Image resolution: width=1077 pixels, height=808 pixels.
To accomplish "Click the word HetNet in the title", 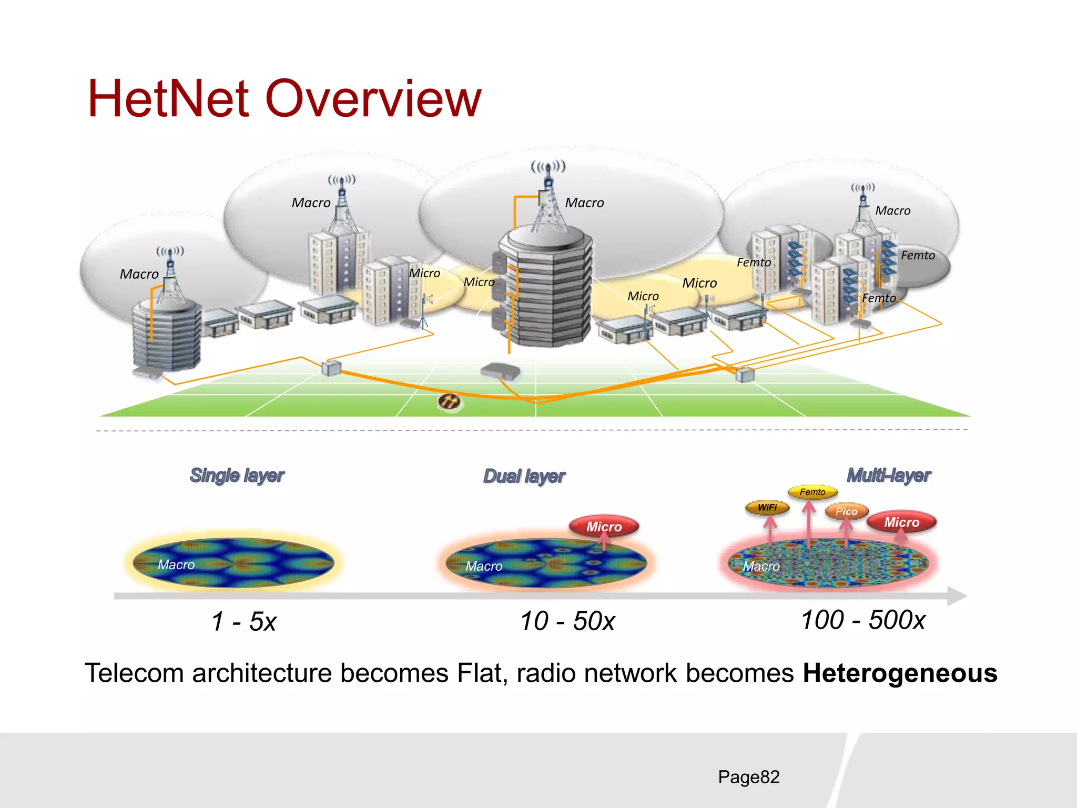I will click(x=168, y=98).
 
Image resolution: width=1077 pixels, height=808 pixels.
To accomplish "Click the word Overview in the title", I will click(x=373, y=98).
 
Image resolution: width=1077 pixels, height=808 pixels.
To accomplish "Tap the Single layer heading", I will click(x=237, y=475).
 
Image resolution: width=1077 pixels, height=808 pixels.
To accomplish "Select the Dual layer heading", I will click(x=524, y=476).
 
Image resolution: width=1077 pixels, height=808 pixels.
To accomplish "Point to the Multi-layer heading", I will click(x=888, y=475).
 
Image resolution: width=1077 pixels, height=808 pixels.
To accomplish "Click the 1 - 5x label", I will click(x=243, y=621).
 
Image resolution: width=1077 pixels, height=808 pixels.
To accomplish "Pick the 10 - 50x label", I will click(x=567, y=621).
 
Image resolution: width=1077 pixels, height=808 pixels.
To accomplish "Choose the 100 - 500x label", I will click(x=862, y=620).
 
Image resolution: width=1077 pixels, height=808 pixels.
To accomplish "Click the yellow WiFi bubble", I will click(x=767, y=508).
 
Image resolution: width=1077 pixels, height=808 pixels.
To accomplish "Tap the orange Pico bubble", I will click(x=846, y=511).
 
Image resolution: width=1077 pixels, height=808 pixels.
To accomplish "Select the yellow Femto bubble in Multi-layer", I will click(x=812, y=492).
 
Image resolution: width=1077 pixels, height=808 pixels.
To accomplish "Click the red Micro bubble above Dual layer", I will click(x=604, y=526).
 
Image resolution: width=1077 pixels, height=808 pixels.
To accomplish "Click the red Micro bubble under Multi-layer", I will click(x=901, y=522).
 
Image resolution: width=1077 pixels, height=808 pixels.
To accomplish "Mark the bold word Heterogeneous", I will click(x=900, y=673).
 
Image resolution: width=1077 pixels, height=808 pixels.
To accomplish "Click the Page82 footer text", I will click(x=748, y=776).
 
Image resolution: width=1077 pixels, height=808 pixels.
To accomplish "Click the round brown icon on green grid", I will click(x=449, y=402).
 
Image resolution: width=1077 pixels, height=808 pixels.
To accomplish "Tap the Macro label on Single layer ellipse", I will click(x=176, y=564).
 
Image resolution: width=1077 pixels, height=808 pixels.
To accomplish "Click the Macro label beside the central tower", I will click(x=584, y=203).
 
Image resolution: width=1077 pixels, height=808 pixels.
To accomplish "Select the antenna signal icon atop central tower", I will click(x=548, y=168).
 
